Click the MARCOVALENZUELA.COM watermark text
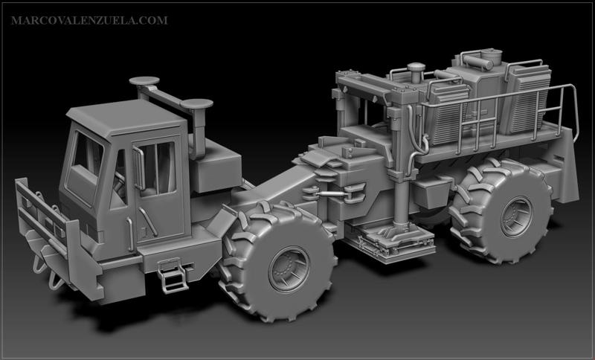point(89,20)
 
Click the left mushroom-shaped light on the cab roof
point(144,82)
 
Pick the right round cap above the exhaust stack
point(197,105)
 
